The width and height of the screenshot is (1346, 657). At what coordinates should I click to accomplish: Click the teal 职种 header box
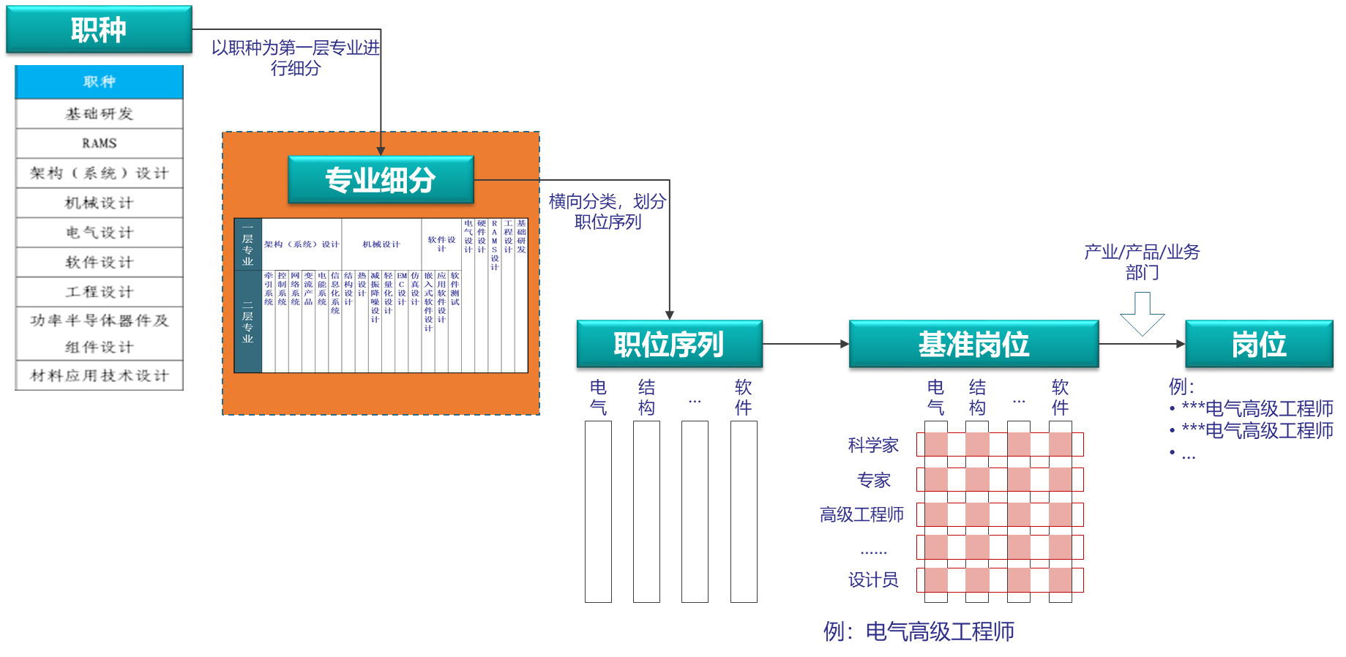[x=99, y=29]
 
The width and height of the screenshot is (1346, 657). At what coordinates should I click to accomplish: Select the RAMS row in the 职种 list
[x=99, y=143]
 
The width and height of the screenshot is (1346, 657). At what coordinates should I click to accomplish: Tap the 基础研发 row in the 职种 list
[x=99, y=113]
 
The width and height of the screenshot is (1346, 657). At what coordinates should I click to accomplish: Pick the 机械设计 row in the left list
[x=99, y=203]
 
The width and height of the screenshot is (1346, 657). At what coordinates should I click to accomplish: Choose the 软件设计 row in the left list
[x=99, y=262]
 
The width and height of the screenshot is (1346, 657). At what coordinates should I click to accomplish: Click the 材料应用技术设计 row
[x=99, y=375]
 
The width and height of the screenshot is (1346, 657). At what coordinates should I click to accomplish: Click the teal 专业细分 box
[x=381, y=179]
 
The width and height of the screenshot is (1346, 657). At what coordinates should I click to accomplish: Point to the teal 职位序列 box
[x=669, y=344]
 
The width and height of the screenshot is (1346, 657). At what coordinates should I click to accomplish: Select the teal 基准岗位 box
[x=973, y=344]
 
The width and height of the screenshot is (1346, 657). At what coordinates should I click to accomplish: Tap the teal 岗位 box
[x=1258, y=344]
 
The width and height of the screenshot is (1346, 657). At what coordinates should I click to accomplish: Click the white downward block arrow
[x=1142, y=312]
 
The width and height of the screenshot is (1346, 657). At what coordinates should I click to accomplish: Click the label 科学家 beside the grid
[x=872, y=445]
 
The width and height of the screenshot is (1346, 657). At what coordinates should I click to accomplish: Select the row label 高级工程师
[x=861, y=514]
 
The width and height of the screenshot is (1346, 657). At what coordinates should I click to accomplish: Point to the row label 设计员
[x=873, y=580]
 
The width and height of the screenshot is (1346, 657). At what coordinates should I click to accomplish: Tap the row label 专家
[x=874, y=480]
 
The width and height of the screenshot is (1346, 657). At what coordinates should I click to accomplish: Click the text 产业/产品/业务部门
[x=1142, y=262]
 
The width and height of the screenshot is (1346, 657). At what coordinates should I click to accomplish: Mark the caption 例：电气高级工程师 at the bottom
[x=919, y=631]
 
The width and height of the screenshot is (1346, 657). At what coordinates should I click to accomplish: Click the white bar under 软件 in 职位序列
[x=744, y=511]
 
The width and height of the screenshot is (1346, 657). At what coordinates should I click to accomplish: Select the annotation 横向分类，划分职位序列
[x=607, y=211]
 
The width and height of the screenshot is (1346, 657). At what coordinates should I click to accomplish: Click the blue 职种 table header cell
[x=99, y=82]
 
